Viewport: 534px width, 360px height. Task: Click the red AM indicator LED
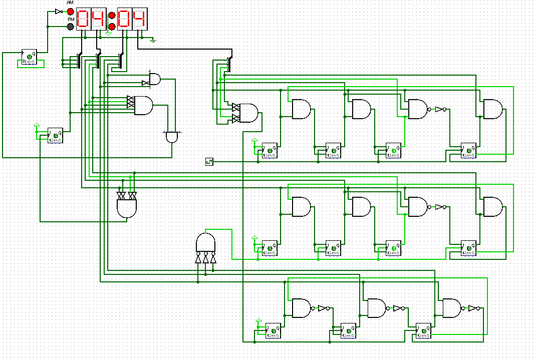tap(71, 12)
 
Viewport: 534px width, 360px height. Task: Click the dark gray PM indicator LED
tap(71, 26)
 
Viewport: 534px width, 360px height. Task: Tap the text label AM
tap(70, 3)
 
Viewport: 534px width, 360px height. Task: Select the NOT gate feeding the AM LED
tap(59, 12)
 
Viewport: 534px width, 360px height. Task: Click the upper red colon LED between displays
tap(112, 15)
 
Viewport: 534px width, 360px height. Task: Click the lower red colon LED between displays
tap(112, 27)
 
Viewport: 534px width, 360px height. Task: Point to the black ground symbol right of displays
tap(154, 40)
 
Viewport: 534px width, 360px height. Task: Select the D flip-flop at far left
tap(29, 58)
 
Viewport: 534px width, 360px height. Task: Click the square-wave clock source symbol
tap(209, 161)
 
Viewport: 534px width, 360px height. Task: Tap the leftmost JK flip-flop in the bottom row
tap(273, 330)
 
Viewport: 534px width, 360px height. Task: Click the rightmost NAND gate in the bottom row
tap(452, 308)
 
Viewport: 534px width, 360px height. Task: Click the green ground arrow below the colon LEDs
tap(109, 34)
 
